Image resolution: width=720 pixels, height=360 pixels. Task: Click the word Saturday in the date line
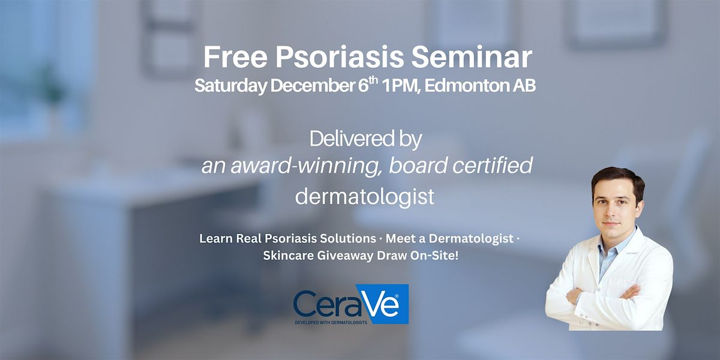(230, 86)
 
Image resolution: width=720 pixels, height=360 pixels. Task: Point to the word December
(315, 86)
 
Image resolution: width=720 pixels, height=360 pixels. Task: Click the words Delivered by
(365, 140)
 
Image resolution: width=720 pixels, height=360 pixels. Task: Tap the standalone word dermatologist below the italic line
(364, 196)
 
